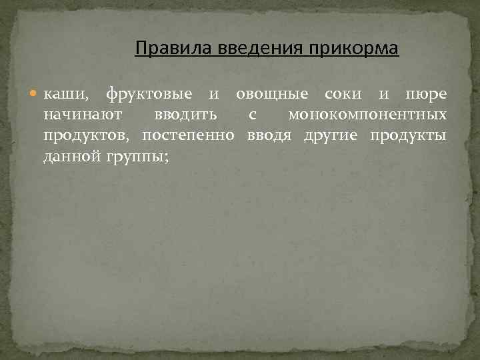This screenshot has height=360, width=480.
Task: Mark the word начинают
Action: point(82,115)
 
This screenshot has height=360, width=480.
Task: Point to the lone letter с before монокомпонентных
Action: point(252,115)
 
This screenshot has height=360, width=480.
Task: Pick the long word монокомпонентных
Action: point(367,115)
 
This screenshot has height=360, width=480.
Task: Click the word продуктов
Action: point(87,137)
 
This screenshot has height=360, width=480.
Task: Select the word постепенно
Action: point(189,136)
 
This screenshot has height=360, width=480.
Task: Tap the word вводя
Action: point(269,136)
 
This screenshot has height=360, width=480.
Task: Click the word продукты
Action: point(409,137)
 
